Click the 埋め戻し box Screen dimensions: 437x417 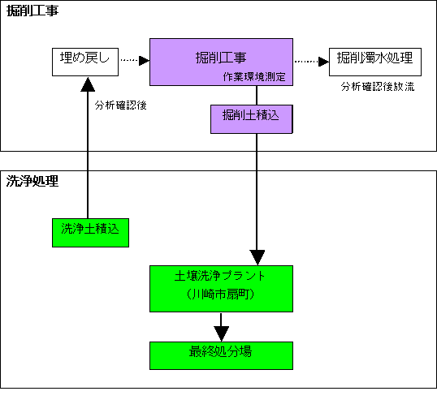tap(85, 62)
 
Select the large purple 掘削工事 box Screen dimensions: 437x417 tap(221, 62)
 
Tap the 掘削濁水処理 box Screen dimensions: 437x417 tap(375, 62)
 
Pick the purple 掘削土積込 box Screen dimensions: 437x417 tap(252, 119)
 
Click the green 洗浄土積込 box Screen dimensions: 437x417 tap(91, 233)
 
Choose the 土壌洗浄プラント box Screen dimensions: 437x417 tap(221, 289)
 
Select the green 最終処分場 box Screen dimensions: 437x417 tap(221, 356)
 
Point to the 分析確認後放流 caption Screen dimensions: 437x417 tap(378, 87)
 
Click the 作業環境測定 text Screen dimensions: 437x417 tap(254, 76)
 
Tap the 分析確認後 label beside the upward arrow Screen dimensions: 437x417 tap(121, 105)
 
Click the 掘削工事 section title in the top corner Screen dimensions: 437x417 tap(32, 11)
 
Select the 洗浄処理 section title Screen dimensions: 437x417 tap(32, 181)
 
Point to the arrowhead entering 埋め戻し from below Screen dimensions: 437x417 tap(88, 84)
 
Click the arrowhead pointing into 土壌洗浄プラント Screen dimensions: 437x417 tap(257, 257)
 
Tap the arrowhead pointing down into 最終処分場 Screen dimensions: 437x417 tap(221, 333)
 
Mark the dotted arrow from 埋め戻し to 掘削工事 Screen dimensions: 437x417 tap(135, 60)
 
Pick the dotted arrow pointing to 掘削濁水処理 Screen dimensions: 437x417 tap(312, 61)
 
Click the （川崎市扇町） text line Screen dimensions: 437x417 tap(220, 294)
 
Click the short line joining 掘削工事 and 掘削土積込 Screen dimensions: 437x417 tap(257, 95)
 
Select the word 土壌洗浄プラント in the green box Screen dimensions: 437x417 tap(219, 276)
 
